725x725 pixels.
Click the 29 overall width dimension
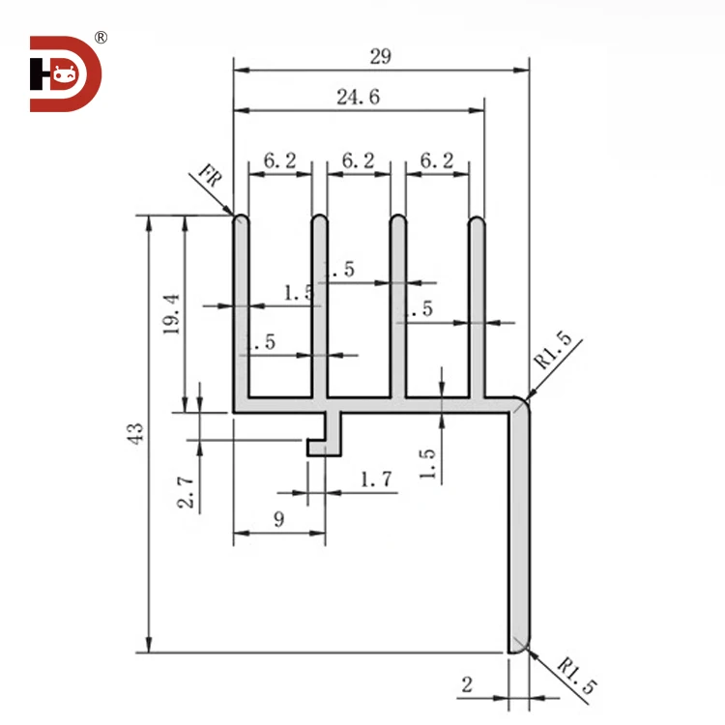click(380, 56)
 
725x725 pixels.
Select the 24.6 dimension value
click(358, 96)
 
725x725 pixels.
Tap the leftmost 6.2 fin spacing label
click(279, 161)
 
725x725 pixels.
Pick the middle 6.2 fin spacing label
click(358, 161)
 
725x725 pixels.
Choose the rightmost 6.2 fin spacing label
click(437, 161)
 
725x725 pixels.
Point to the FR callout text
click(208, 177)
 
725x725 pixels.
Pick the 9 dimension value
click(278, 519)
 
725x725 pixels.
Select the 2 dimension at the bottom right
click(467, 684)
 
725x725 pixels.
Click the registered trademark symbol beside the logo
click(101, 38)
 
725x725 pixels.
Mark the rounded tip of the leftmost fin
click(242, 220)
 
